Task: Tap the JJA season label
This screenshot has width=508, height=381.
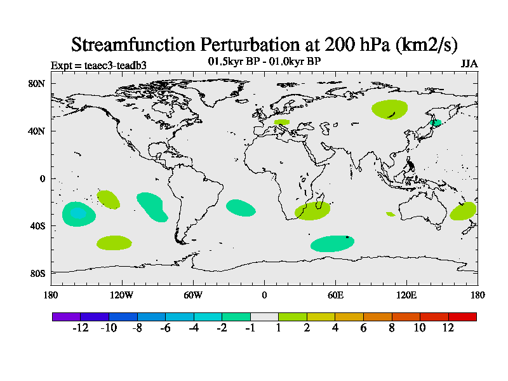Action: [469, 64]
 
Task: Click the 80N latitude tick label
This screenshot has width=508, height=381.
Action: [36, 84]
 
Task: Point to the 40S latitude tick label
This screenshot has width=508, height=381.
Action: [36, 226]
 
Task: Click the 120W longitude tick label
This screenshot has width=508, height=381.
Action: [121, 295]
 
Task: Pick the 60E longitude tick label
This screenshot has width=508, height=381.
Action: [335, 295]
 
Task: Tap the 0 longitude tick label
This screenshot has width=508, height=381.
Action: [264, 295]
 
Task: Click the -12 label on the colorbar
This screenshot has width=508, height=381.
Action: [80, 328]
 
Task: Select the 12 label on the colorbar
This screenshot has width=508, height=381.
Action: [448, 328]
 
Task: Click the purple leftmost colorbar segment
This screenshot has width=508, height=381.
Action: [66, 316]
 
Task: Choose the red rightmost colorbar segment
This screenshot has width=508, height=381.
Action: [462, 316]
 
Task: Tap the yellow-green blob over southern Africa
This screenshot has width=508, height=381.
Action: [312, 211]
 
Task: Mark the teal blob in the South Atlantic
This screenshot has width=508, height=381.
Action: [241, 207]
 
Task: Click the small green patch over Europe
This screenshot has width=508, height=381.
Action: [281, 121]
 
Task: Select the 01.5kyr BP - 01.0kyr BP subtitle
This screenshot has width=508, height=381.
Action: [264, 62]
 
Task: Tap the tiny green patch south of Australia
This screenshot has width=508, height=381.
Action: [390, 214]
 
